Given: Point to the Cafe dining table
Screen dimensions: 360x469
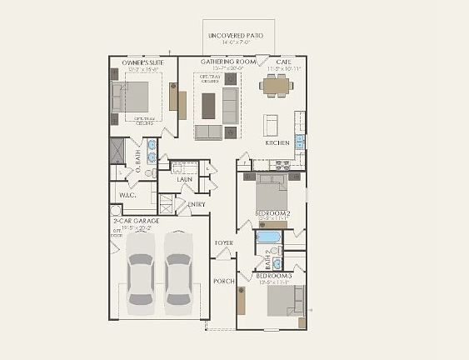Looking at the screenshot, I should [275, 83].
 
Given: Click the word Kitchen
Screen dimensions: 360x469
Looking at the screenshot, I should [277, 142].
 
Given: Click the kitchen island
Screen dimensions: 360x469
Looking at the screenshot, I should [272, 124].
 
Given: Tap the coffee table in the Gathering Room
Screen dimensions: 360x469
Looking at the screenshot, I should [208, 104].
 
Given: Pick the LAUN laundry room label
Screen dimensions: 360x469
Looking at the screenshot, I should [184, 179].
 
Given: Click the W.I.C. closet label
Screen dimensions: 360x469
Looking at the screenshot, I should [127, 196].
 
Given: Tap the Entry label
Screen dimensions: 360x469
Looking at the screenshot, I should [197, 204].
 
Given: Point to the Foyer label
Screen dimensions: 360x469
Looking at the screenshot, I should [223, 242].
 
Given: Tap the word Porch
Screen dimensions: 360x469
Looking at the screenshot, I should [222, 281].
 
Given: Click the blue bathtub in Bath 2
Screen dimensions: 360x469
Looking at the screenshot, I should [267, 237].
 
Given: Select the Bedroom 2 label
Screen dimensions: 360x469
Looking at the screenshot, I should [272, 213].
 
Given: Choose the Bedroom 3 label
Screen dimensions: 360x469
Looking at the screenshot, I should [272, 275].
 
